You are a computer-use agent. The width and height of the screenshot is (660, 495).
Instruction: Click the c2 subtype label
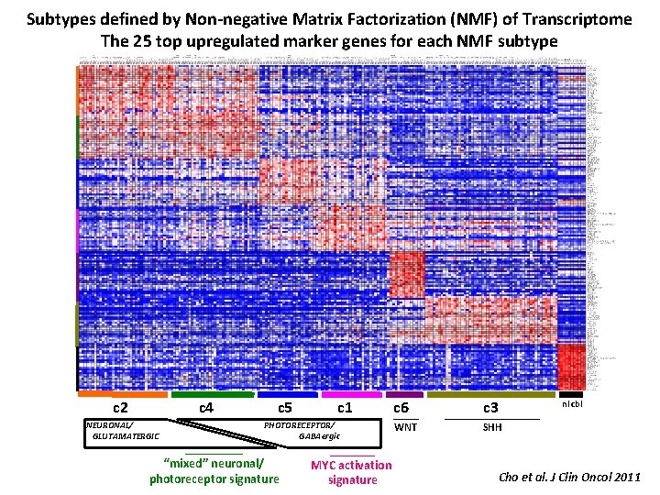point(119,407)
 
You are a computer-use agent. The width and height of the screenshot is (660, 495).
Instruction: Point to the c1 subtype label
point(346,407)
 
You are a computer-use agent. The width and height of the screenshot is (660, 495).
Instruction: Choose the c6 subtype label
point(401,408)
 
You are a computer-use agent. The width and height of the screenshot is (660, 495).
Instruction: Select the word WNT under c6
point(404,427)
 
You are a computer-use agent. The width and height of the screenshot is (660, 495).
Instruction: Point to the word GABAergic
point(316,436)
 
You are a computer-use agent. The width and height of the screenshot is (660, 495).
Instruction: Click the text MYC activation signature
point(351,472)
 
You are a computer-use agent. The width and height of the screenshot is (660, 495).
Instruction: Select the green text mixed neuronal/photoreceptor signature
point(214,471)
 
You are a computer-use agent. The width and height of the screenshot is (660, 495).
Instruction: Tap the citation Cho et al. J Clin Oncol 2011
point(568,476)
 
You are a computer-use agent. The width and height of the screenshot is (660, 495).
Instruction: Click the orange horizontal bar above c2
point(123,394)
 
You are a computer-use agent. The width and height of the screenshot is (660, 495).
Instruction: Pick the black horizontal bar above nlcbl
point(570,394)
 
